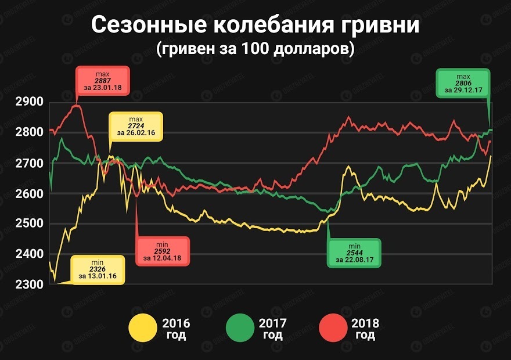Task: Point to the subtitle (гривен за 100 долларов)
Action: click(x=255, y=49)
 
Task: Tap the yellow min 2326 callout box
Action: click(x=98, y=269)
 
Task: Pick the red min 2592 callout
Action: click(x=162, y=251)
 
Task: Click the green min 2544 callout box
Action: click(x=354, y=253)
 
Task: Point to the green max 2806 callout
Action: click(x=463, y=84)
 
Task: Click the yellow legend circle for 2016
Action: click(x=142, y=328)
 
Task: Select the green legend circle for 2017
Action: click(x=239, y=328)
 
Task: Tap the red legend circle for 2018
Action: click(x=335, y=328)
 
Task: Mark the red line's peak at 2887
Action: click(x=76, y=106)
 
